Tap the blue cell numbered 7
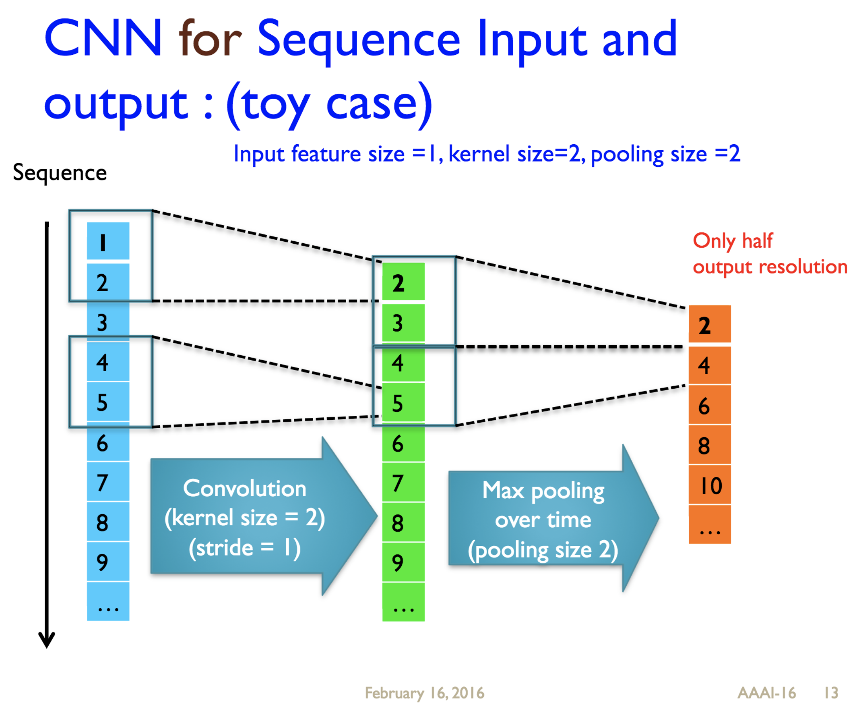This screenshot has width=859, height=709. pos(108,482)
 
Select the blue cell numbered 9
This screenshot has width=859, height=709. pos(108,562)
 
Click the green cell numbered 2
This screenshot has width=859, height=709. pos(403,282)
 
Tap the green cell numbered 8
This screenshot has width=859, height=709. pos(403,522)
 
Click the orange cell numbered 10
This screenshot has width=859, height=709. pos(709,485)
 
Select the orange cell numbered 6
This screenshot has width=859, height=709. pos(709,405)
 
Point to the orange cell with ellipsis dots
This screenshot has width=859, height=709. pos(709,525)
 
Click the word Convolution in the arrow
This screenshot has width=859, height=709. pos(244,489)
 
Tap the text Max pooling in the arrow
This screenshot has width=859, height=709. pos(543,491)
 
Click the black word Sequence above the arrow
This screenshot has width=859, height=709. pos(60,173)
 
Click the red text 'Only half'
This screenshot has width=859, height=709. pos(732,240)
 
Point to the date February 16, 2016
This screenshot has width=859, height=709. pos(424,692)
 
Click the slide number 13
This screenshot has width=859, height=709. pos(831,692)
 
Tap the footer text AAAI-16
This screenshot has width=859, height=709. pos(766,692)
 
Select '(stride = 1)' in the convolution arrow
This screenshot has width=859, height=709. pos(244,548)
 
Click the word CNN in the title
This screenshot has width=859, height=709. pos(103,39)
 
